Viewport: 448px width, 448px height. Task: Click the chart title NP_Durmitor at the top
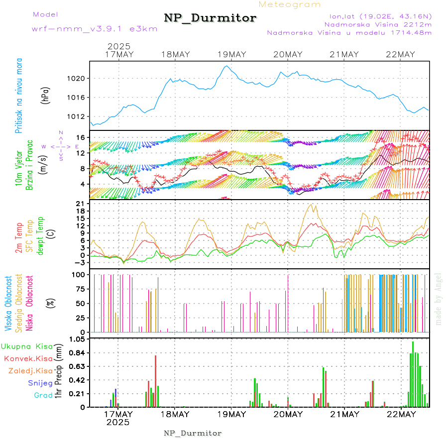210,18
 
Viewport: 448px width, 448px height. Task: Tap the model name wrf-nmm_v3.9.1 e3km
95,28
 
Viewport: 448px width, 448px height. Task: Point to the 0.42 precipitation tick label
78,380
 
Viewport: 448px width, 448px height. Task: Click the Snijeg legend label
40,383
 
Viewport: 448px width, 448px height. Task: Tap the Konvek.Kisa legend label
28,358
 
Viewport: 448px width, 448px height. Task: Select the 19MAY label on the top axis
231,54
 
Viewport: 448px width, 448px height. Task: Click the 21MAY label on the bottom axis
344,414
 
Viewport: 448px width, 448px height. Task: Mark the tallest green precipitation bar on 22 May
413,374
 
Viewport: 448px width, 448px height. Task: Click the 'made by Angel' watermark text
439,299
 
